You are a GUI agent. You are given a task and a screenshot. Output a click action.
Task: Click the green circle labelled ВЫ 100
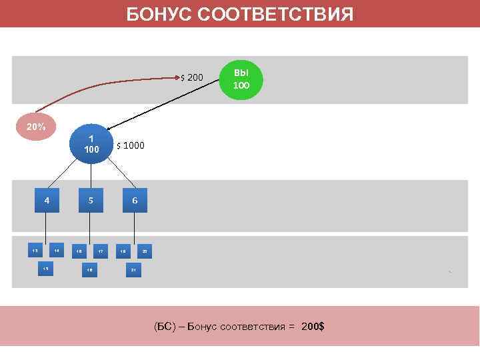click(241, 79)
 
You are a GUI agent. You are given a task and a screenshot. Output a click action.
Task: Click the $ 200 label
click(192, 79)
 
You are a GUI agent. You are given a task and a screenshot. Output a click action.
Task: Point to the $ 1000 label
click(130, 145)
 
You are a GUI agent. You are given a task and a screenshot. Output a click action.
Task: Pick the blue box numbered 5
click(91, 200)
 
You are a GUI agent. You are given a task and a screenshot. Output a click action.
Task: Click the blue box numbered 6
click(135, 200)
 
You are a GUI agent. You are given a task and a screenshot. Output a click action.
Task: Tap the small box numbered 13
click(35, 251)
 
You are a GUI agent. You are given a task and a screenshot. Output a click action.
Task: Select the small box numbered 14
click(57, 251)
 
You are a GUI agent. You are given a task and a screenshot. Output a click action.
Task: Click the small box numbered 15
click(46, 268)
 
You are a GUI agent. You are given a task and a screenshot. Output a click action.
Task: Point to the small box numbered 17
click(101, 251)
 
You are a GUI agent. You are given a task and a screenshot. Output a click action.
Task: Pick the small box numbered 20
click(145, 251)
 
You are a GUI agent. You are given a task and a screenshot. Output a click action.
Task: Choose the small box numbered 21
click(134, 269)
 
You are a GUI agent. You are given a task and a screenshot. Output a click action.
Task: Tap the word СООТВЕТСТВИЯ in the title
click(279, 14)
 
